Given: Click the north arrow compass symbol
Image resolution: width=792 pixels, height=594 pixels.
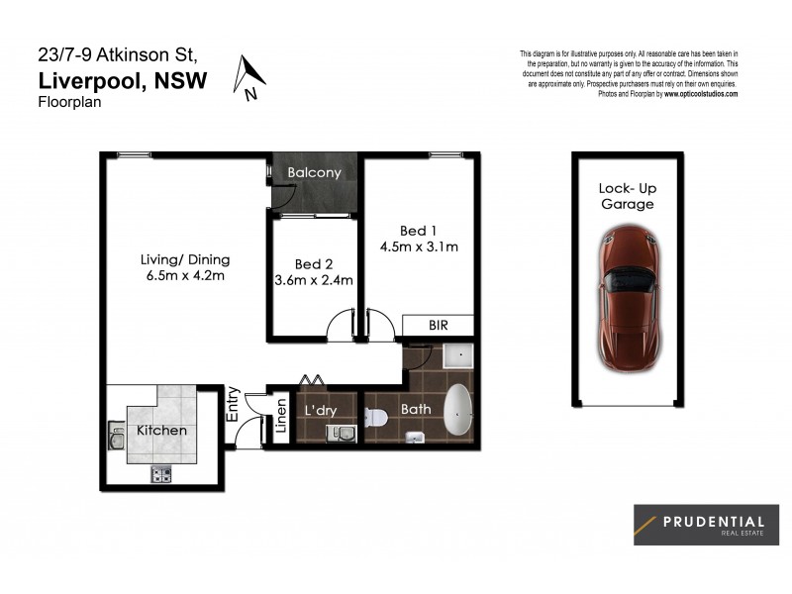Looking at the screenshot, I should pos(249,77).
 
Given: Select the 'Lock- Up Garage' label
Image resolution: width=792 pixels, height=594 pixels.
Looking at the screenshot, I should pos(627,196).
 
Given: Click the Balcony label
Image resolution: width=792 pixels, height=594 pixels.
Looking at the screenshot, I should pos(314,172).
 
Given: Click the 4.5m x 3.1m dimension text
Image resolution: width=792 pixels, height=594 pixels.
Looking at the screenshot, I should pos(419,247).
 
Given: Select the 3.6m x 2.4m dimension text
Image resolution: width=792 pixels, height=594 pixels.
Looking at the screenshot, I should pos(313,281).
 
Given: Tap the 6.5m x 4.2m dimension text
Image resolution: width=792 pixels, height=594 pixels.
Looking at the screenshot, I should pos(184,276).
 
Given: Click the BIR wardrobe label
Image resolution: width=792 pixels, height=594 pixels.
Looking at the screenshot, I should pos(438,325).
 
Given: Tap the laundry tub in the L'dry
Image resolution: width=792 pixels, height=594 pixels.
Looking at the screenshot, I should pos(341,432).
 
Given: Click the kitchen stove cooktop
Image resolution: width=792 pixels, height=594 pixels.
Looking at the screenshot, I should pos(161,474).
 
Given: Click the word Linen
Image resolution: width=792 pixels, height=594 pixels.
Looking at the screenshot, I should pos(280,416).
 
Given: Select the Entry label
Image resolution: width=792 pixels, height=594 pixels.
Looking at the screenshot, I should pos(233,404).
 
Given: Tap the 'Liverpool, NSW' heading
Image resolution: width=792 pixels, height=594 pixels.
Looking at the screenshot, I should pos(123,81).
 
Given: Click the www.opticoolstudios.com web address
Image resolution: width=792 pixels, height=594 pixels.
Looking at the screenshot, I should pos(700,94).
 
